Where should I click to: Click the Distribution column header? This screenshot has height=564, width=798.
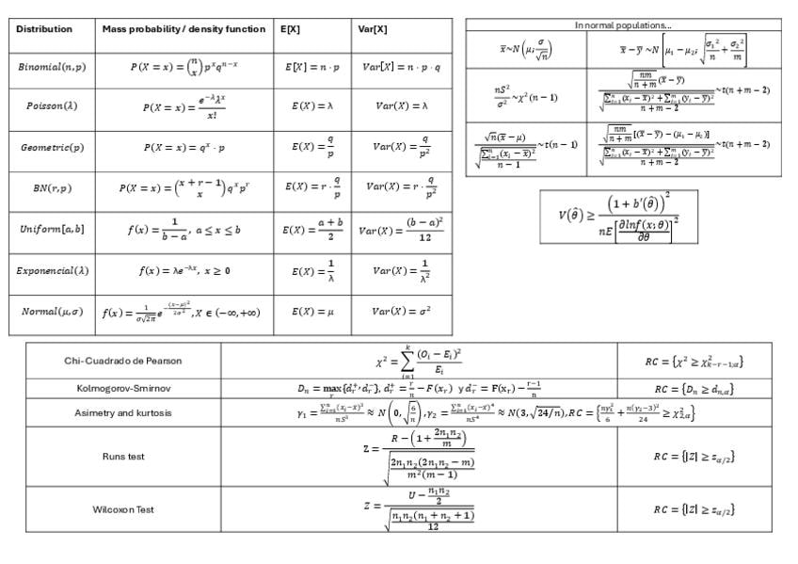(x=44, y=29)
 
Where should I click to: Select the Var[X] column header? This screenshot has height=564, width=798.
(x=373, y=29)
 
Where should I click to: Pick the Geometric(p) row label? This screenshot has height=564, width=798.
(x=52, y=148)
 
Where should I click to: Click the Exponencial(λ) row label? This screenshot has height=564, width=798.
(x=52, y=271)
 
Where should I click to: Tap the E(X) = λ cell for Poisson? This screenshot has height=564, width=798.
(x=311, y=105)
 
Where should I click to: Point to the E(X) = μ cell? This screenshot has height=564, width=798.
(x=311, y=312)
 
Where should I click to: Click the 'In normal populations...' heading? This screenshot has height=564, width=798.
(x=623, y=24)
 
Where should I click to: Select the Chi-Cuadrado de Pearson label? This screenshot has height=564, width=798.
(x=123, y=361)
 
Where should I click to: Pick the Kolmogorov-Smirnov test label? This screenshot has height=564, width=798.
(x=123, y=387)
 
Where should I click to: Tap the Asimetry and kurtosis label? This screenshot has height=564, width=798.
(x=123, y=412)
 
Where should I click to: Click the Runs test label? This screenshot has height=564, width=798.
(x=123, y=457)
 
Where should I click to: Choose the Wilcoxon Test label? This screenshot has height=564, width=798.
(x=123, y=509)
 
